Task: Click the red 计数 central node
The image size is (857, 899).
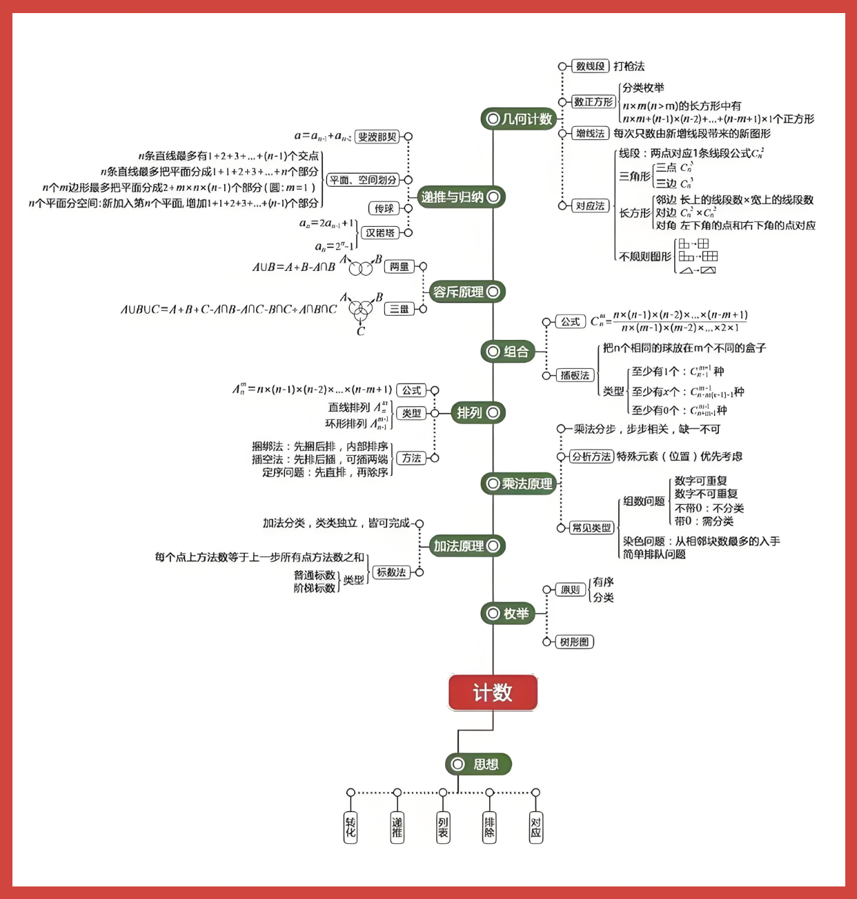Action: click(493, 692)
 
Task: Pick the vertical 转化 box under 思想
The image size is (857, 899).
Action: click(351, 827)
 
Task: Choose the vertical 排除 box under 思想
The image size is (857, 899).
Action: click(489, 827)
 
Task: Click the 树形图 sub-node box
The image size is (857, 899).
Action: click(575, 642)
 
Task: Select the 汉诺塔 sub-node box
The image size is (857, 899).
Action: click(381, 233)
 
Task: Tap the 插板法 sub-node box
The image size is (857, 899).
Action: click(575, 375)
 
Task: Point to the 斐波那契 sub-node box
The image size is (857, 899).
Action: click(377, 137)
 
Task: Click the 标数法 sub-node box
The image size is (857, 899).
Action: click(391, 572)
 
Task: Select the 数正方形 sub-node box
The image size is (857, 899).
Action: click(593, 102)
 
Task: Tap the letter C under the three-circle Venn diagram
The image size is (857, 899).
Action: click(360, 332)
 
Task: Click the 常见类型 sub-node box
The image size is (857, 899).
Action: click(592, 527)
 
